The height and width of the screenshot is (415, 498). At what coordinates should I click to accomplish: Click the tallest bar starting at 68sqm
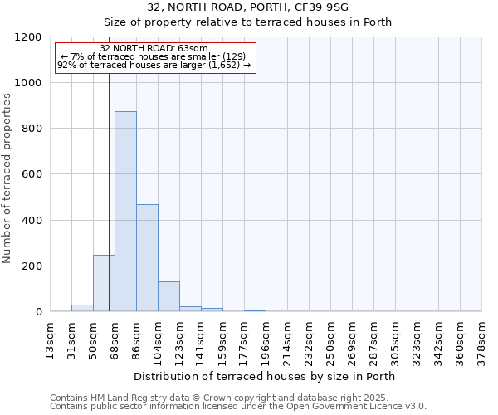pos(125,212)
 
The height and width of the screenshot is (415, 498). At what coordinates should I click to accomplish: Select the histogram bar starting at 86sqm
pos(147,258)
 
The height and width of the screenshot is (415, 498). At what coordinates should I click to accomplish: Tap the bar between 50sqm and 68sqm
pos(104,283)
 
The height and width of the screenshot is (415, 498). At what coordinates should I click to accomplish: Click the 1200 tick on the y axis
pos(29,37)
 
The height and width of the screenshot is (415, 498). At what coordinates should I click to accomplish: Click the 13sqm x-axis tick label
pos(51,341)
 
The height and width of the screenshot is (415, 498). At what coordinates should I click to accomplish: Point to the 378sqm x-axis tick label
pos(482,341)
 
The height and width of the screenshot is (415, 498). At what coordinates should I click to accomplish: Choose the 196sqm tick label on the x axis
pos(266,341)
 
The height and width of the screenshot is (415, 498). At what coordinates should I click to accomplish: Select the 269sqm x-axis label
pos(353,341)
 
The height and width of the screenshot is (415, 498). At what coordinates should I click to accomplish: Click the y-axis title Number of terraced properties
pos(7,178)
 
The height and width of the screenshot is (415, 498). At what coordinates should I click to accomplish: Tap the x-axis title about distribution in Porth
pos(264,376)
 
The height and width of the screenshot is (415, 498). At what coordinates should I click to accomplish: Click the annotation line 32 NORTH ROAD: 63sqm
pos(154,49)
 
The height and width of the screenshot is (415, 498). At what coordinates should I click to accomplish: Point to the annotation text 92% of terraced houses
pos(154,65)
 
